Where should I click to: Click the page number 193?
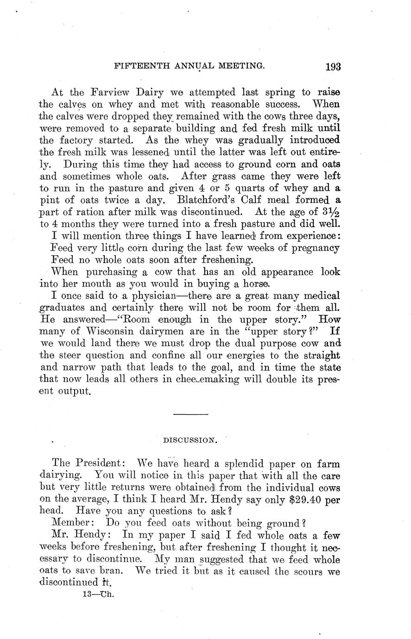coord(333,67)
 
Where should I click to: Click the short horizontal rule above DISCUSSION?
coord(190,413)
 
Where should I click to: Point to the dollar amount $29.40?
coord(302,499)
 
